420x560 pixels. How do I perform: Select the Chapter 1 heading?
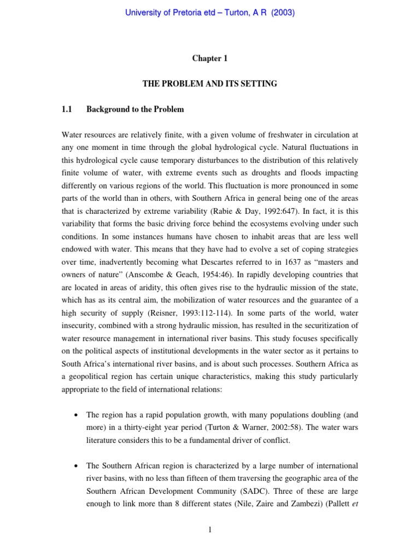(x=209, y=59)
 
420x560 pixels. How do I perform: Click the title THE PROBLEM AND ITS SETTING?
(x=209, y=84)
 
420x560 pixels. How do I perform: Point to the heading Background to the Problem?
(x=135, y=109)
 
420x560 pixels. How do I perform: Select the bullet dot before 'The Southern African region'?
(x=75, y=466)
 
